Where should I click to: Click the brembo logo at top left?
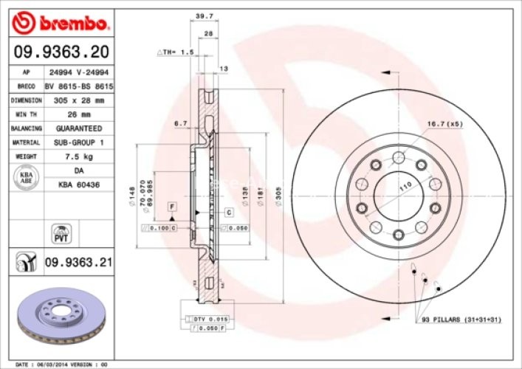[61, 25]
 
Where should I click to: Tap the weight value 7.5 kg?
[77, 156]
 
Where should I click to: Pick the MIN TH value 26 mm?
[77, 114]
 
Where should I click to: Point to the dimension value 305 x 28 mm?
[77, 100]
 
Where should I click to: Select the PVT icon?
[60, 234]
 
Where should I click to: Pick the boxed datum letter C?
[229, 213]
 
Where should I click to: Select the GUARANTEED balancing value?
[77, 128]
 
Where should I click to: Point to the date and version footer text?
[62, 364]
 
